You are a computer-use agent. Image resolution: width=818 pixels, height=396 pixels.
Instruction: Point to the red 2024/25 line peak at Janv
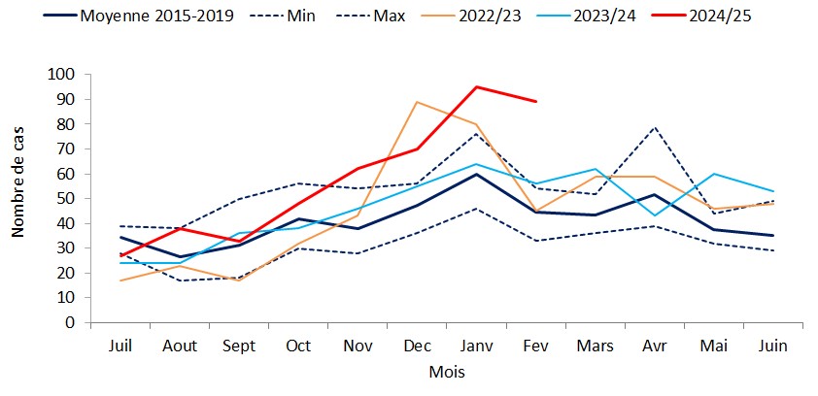coord(476,86)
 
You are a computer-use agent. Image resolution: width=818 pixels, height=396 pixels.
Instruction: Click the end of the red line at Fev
coord(536,101)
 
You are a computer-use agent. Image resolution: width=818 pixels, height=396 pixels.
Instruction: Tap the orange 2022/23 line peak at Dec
coord(417,102)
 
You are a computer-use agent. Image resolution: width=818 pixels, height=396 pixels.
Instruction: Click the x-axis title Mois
coord(446,372)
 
